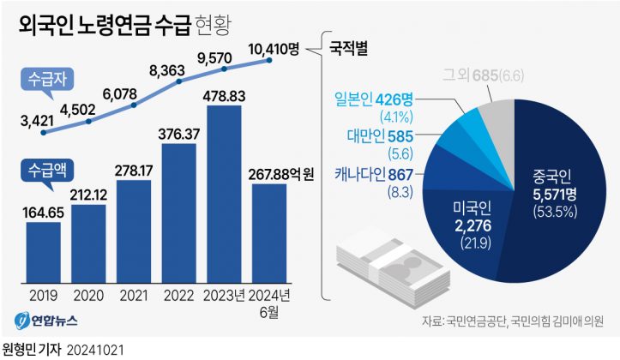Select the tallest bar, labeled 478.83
tap(225, 193)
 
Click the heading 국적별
tap(348, 47)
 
